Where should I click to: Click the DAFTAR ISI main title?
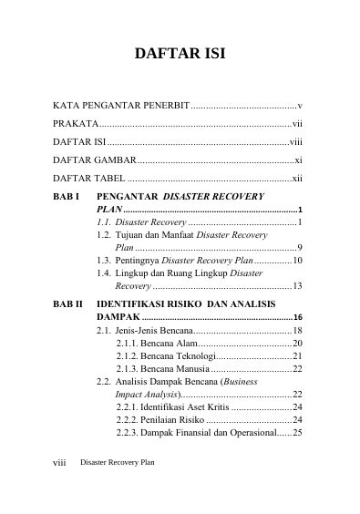[180, 54]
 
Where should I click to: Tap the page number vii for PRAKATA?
[297, 124]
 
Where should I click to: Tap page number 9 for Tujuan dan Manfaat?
[300, 247]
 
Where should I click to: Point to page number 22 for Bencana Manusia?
[297, 368]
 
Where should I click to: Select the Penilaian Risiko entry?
[169, 419]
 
